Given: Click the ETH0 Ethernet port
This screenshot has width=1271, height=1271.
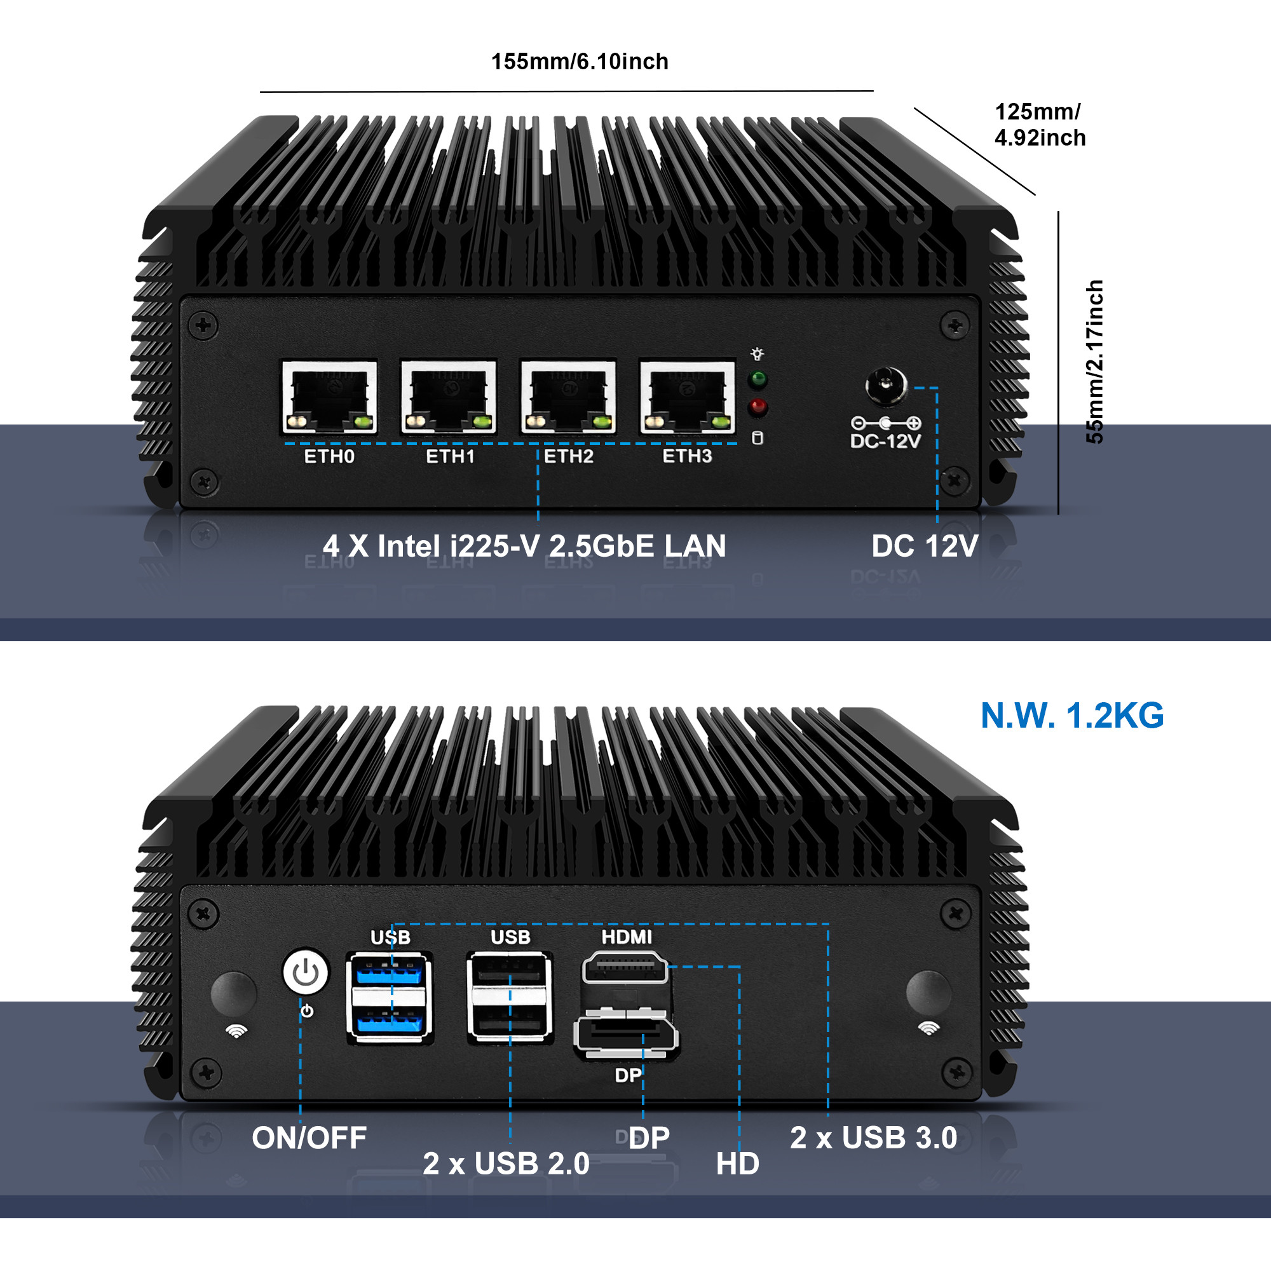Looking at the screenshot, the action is pos(330,397).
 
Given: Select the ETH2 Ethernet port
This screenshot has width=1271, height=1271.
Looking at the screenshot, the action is pos(568,397).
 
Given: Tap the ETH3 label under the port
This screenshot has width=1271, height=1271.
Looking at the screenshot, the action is pos(687,456).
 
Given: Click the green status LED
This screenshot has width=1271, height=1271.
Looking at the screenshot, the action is pos(759,379).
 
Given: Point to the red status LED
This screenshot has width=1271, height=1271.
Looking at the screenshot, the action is pos(759,407).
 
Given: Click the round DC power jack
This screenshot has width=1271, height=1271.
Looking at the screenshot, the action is pos(885,386).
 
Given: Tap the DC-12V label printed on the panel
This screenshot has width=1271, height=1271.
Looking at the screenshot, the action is pos(885,441).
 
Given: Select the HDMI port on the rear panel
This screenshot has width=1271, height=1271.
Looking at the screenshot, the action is pos(625,968).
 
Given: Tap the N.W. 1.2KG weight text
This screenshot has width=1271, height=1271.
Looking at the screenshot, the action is pos(1071,716).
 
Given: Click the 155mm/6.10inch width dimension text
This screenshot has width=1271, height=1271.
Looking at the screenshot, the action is pos(580,62).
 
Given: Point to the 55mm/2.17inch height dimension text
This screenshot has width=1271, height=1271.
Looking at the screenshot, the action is pos(1095,362).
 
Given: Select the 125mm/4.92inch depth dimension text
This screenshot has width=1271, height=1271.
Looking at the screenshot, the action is pos(1040,125).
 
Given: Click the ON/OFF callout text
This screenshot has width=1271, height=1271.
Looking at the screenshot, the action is pos(309,1138).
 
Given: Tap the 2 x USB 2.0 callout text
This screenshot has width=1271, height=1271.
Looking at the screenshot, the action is pos(506,1164).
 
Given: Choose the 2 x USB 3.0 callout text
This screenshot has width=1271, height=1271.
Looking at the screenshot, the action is pos(874,1138).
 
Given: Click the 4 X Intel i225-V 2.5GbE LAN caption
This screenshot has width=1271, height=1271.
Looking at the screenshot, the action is pos(524,546).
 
